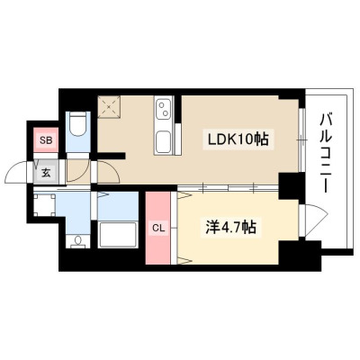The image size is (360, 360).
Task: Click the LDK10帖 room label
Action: tap(238, 139)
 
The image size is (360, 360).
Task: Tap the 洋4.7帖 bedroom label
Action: tap(230, 228)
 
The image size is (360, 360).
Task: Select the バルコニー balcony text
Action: tap(327, 153)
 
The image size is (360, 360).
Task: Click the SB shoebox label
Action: tap(46, 139)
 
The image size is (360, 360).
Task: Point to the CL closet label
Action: tap(158, 229)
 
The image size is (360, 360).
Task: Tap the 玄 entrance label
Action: tap(46, 173)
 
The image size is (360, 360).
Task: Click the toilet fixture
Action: tap(78, 125)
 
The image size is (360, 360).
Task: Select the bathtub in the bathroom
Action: tap(118, 235)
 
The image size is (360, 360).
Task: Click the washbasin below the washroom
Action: tap(78, 242)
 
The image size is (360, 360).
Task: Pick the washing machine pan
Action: tap(44, 205)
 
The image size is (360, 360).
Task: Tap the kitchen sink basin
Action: tap(163, 142)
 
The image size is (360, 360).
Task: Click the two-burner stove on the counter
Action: tap(164, 109)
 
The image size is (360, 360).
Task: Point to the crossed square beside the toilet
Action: tap(109, 107)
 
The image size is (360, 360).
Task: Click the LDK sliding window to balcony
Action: tap(302, 139)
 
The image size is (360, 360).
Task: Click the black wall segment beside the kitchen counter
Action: tap(178, 109)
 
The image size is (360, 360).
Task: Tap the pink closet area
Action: tap(158, 228)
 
